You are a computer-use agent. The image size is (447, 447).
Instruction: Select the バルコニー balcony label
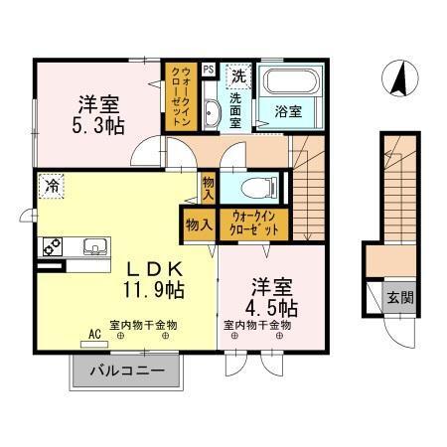(126, 372)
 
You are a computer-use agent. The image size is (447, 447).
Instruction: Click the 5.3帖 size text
(96, 125)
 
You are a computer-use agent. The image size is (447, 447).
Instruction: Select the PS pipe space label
(210, 70)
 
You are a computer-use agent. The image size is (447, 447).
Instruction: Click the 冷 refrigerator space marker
(49, 185)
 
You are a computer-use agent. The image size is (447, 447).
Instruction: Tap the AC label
(95, 335)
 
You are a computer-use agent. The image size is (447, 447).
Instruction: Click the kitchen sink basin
(92, 246)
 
